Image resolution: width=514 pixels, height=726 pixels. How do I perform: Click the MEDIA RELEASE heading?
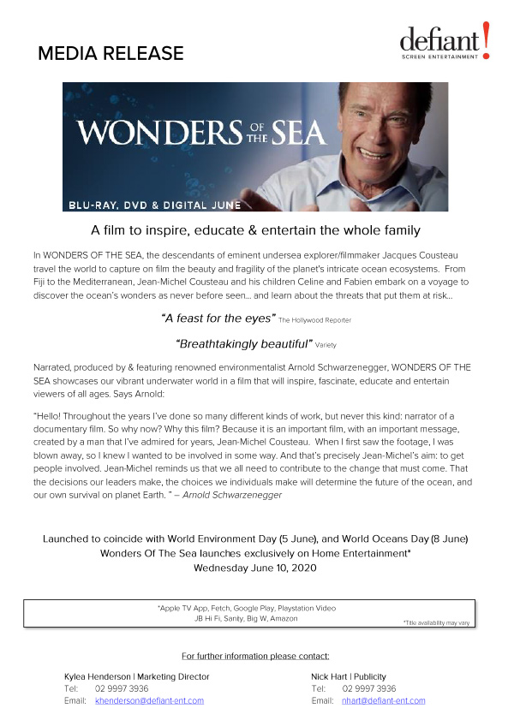click(111, 54)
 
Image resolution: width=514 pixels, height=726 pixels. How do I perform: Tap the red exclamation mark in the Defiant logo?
click(486, 40)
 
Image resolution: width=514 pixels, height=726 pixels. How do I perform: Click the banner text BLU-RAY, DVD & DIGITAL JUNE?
click(155, 205)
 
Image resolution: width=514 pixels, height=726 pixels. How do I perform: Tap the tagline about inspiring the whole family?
click(256, 230)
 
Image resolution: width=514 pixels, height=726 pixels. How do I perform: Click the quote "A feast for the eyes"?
click(218, 318)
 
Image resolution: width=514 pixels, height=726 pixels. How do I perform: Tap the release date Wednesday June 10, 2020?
click(256, 568)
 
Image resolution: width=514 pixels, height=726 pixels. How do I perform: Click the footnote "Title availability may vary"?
click(437, 622)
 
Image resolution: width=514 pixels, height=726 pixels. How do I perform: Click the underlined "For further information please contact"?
click(256, 656)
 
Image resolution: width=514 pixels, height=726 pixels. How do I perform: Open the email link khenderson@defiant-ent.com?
click(149, 700)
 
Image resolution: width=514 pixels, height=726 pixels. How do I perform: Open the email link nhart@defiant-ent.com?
click(383, 700)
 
